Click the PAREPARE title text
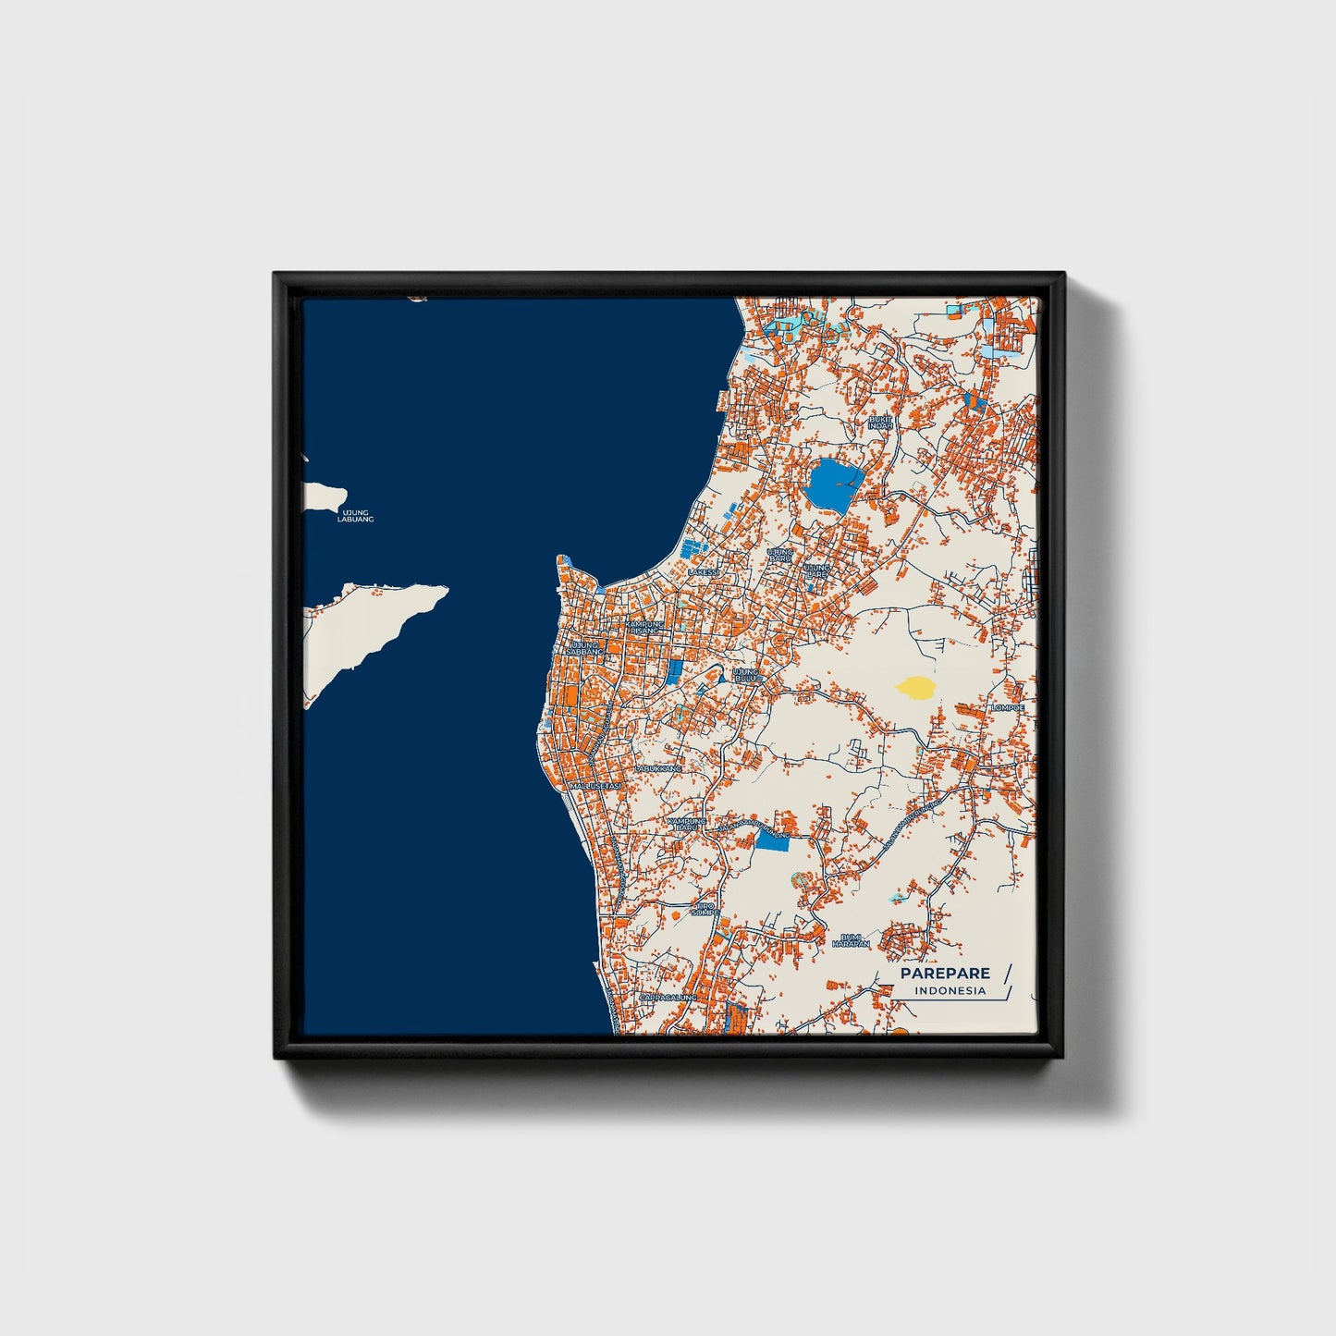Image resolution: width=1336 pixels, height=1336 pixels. pyautogui.click(x=945, y=973)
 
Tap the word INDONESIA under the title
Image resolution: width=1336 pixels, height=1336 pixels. pyautogui.click(x=950, y=991)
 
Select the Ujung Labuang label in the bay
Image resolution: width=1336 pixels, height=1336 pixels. pyautogui.click(x=356, y=516)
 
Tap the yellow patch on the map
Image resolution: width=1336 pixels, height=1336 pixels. pyautogui.click(x=914, y=687)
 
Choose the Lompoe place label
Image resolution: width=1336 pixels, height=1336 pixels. pyautogui.click(x=1008, y=708)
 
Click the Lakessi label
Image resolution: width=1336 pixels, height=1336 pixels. pyautogui.click(x=703, y=572)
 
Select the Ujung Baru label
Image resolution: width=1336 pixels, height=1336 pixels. pyautogui.click(x=780, y=555)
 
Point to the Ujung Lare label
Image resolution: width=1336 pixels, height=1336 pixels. pyautogui.click(x=815, y=570)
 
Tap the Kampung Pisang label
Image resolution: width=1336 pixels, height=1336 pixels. pyautogui.click(x=645, y=628)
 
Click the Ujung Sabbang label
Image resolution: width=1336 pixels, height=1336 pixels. pyautogui.click(x=584, y=647)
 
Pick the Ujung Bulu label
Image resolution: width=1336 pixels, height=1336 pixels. pyautogui.click(x=746, y=675)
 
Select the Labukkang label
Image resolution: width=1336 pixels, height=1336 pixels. pyautogui.click(x=658, y=768)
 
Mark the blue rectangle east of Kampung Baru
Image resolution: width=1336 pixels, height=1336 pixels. pyautogui.click(x=772, y=840)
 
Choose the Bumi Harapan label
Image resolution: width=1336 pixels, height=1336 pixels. pyautogui.click(x=851, y=940)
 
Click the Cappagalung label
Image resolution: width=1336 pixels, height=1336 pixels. pyautogui.click(x=668, y=998)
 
